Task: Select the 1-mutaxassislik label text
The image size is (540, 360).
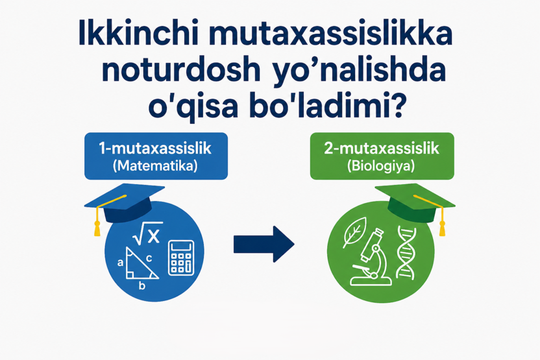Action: click(155, 149)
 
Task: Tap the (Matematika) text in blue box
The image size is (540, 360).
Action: click(155, 165)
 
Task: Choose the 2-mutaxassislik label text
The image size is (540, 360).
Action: click(382, 149)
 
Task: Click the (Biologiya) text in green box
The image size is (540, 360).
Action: click(382, 165)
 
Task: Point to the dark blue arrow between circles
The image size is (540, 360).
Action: click(264, 245)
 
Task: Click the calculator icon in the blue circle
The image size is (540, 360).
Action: click(182, 258)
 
